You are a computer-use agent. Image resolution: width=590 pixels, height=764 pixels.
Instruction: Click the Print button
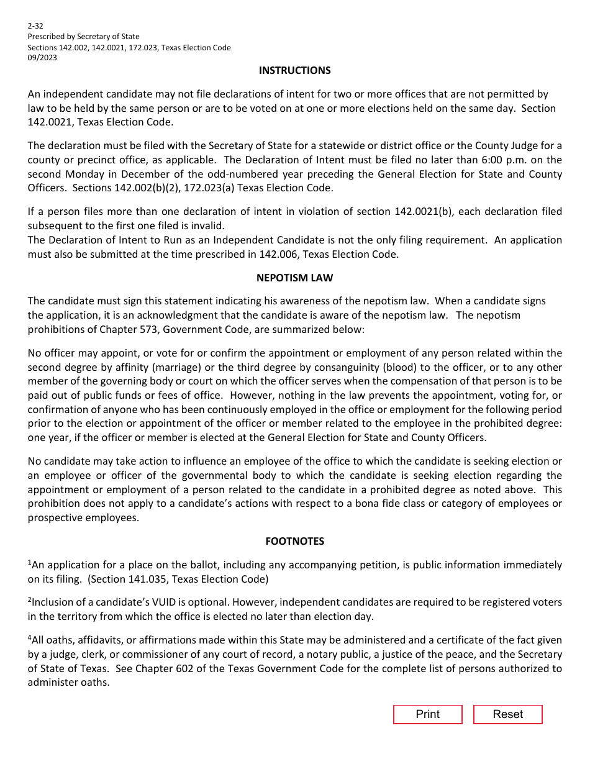427,714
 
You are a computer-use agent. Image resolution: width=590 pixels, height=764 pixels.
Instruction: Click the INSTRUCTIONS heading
294,70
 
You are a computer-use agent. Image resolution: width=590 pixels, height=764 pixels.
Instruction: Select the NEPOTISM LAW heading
294,278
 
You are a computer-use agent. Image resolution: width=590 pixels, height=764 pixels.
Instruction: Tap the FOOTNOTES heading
294,541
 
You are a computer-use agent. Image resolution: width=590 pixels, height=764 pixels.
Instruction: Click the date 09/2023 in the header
42,58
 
